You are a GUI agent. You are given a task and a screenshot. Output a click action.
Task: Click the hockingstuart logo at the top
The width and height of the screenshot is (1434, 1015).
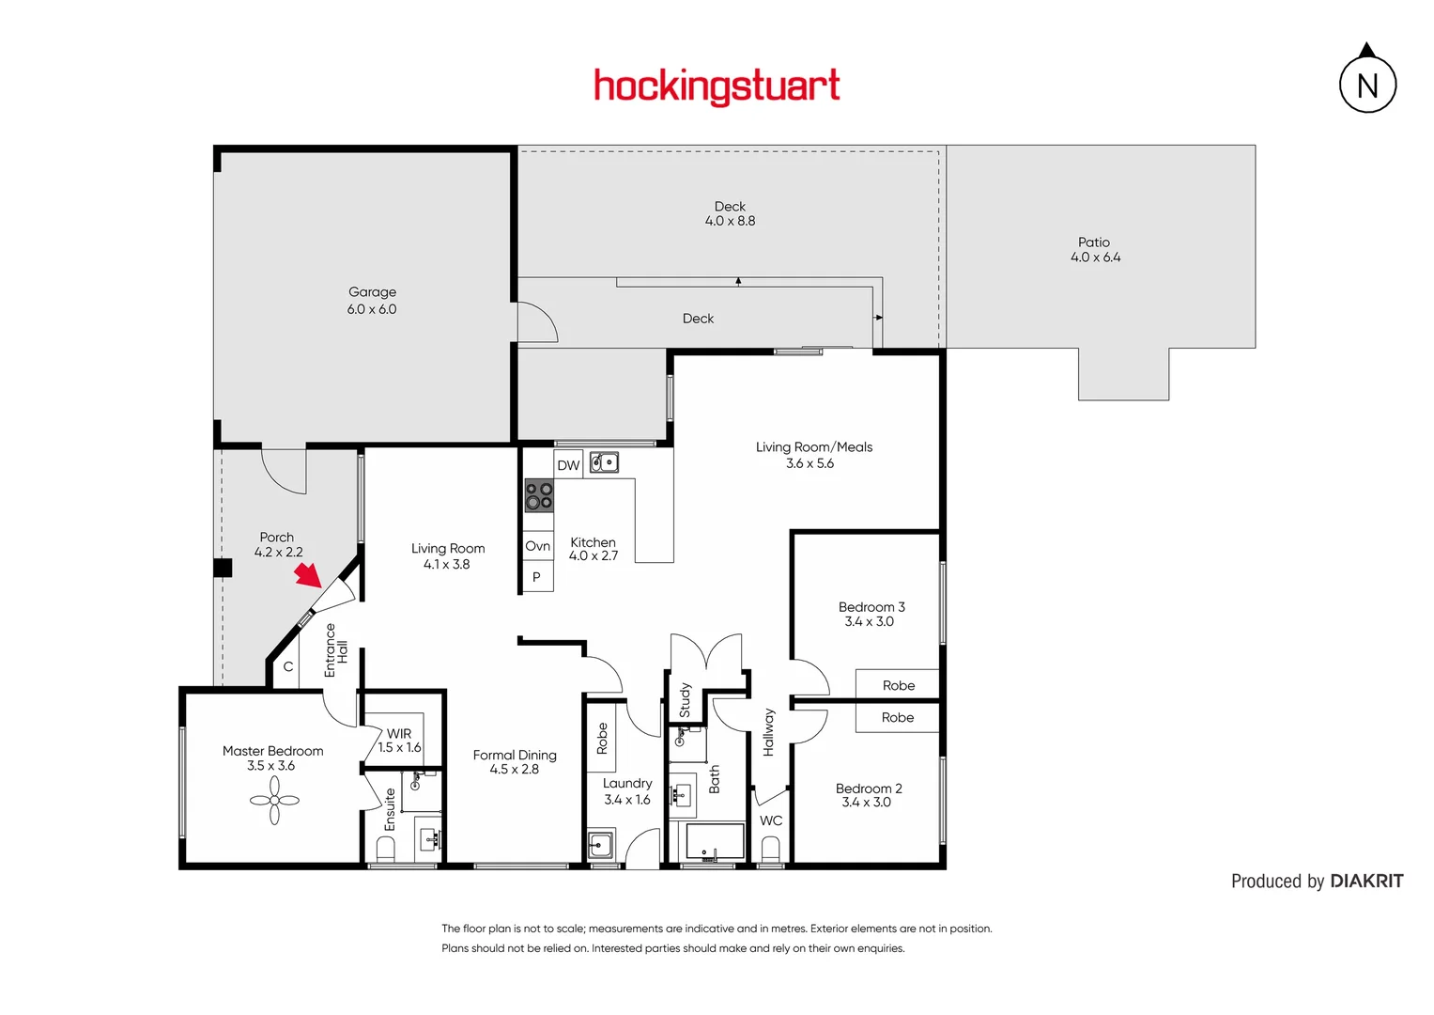pos(717,86)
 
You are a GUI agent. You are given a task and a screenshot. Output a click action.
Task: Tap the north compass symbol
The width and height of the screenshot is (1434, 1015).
pos(1367,83)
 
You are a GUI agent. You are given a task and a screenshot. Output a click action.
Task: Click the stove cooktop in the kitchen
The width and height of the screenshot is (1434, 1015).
pos(539,495)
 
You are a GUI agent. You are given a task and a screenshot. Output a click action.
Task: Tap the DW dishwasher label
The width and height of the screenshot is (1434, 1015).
pos(568,465)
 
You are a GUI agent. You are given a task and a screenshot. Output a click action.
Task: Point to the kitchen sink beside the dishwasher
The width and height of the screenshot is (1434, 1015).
pos(604,462)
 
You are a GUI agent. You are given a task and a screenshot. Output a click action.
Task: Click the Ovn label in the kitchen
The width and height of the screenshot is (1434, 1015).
pos(538,546)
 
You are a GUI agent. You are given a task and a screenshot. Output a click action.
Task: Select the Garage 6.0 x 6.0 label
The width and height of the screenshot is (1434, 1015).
pos(372,301)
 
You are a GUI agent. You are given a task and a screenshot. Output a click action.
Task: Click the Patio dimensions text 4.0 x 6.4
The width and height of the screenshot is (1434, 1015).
pos(1095,258)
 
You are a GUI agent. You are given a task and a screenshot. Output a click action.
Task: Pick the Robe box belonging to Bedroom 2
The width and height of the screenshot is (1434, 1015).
pos(897,718)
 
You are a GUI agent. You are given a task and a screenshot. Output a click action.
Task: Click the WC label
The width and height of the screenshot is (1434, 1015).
pos(771,820)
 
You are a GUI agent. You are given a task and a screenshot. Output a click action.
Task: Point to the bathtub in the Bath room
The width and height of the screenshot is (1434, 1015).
pos(716,841)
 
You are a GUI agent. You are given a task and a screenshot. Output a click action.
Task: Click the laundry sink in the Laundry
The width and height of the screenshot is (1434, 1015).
pos(600,845)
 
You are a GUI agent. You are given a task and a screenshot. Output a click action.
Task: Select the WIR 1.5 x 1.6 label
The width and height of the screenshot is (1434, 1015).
pos(399,741)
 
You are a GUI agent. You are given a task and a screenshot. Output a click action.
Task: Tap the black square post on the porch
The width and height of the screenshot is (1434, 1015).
pos(223,568)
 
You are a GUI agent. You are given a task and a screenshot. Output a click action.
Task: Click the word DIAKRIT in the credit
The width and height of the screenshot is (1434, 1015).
pos(1366,882)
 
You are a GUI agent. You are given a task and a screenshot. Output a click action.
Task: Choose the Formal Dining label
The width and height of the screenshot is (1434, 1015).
pos(515,761)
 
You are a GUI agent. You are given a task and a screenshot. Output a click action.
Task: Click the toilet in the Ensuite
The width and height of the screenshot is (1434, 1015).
pos(385,849)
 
